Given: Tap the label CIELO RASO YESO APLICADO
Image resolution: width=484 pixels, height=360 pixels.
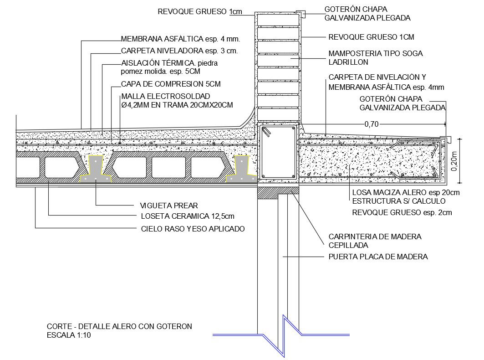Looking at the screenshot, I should (193, 229).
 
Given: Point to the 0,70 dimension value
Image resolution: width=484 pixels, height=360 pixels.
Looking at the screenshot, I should (371, 123).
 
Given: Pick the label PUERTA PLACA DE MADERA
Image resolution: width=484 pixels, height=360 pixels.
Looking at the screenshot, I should (378, 257).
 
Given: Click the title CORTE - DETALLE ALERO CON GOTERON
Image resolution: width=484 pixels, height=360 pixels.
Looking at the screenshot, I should (119, 326).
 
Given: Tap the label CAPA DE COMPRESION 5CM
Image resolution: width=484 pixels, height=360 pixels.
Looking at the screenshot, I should (171, 84).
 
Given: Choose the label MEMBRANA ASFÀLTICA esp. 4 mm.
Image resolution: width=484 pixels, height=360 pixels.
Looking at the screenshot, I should (180, 39).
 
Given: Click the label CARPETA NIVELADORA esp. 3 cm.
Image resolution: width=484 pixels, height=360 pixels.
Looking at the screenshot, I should (179, 51).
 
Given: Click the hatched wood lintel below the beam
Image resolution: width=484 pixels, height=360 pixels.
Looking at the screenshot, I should (278, 193).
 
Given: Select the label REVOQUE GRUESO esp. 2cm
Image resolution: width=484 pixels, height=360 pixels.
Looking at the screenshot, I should (402, 212).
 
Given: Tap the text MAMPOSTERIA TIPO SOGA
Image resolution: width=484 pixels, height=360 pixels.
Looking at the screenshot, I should (375, 53).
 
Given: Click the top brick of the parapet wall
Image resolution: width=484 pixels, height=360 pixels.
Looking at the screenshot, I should (278, 20).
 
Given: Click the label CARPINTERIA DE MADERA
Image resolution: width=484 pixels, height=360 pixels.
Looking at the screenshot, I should (375, 237).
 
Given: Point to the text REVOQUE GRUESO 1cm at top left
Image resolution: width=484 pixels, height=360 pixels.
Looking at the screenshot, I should (200, 12).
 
